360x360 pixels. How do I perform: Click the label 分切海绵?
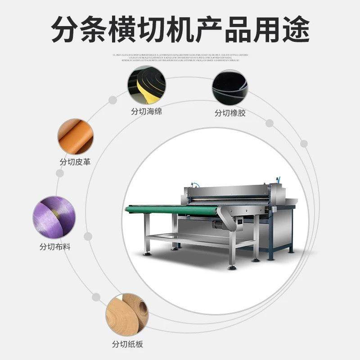pyautogui.click(x=145, y=111)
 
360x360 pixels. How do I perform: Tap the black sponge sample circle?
pyautogui.click(x=146, y=85)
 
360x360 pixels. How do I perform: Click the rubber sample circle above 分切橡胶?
pyautogui.click(x=229, y=87)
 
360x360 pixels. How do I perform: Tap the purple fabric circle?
pyautogui.click(x=51, y=217)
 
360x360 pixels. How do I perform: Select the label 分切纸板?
pyautogui.click(x=127, y=344)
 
